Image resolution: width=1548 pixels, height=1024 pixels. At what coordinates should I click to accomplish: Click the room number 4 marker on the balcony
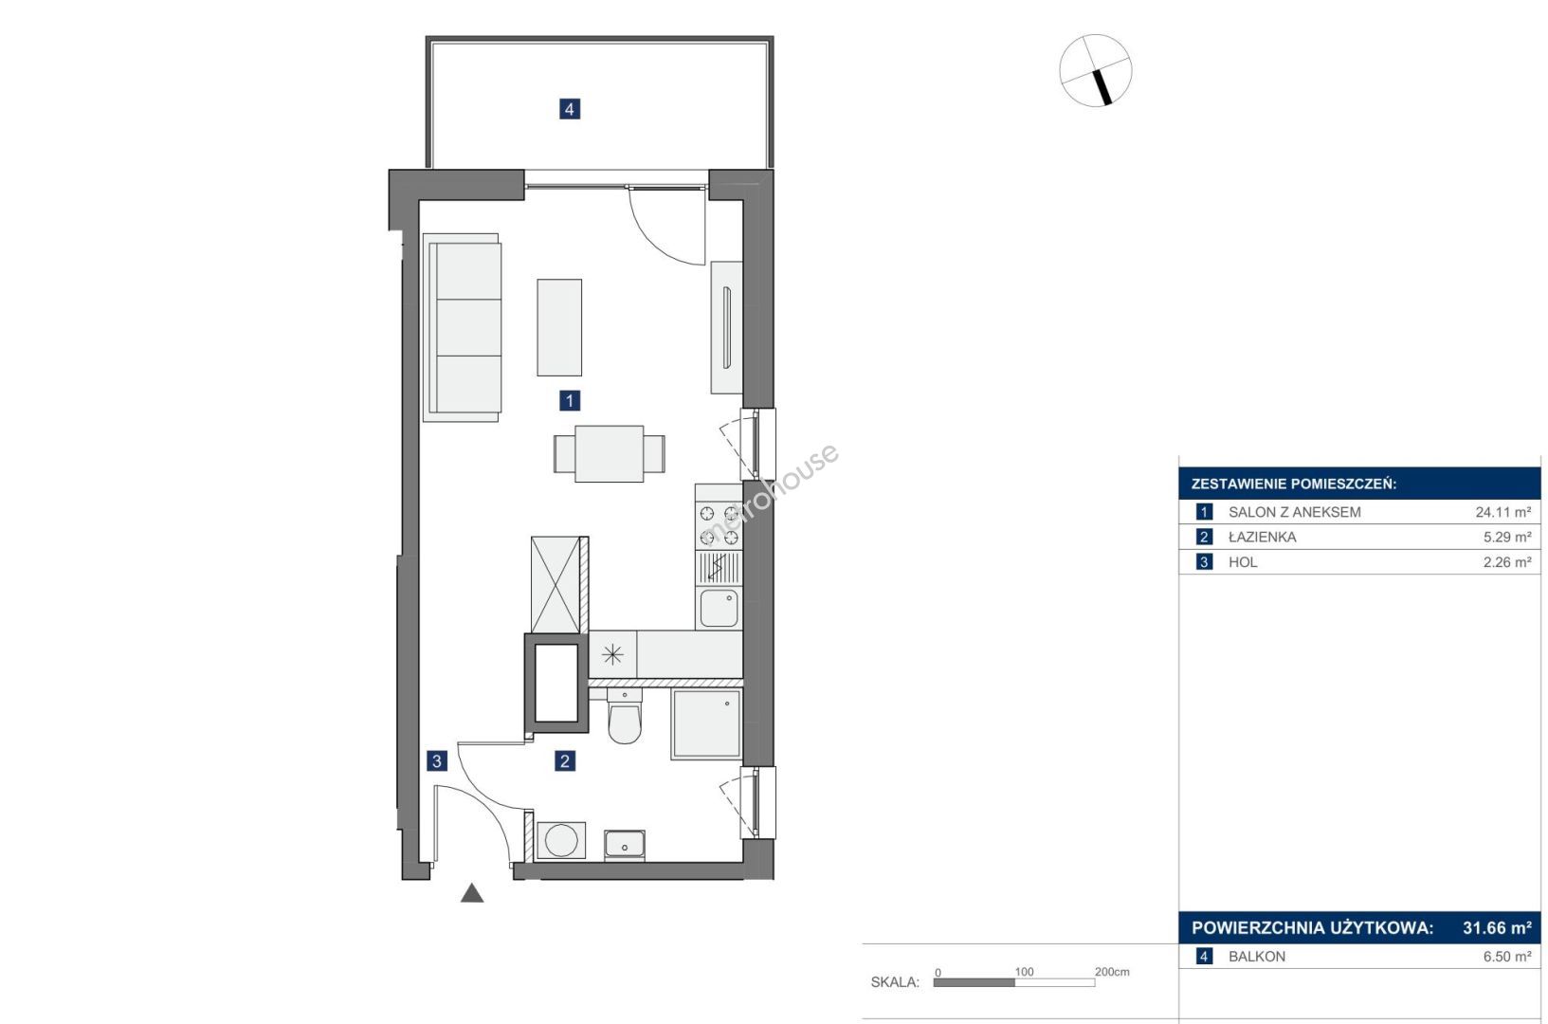click(570, 108)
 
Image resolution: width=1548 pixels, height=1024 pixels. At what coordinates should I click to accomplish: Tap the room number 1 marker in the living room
click(570, 400)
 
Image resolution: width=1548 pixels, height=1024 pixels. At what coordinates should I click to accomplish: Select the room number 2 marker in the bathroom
click(565, 761)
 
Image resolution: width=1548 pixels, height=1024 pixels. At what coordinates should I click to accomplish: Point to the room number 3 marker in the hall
click(437, 761)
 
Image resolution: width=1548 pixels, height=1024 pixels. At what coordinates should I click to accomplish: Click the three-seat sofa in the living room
click(462, 328)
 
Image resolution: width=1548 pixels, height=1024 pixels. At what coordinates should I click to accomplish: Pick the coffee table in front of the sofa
click(559, 328)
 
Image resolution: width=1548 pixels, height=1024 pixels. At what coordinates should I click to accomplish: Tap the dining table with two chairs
click(609, 453)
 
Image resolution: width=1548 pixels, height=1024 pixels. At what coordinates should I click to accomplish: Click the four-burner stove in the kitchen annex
click(719, 524)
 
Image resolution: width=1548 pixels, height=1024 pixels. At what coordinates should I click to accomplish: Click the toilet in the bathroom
click(625, 717)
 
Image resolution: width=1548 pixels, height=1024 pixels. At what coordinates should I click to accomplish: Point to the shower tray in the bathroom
click(705, 724)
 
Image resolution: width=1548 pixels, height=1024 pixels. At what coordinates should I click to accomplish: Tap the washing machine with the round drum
click(561, 841)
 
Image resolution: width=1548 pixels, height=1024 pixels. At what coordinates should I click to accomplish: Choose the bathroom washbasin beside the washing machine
click(625, 845)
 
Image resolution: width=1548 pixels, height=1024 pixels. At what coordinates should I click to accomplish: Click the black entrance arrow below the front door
click(472, 893)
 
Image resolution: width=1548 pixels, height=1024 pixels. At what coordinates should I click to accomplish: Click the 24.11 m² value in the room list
click(1503, 512)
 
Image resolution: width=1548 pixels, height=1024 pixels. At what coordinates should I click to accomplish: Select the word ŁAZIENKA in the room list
click(1262, 538)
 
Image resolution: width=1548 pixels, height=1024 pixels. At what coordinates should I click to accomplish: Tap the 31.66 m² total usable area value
click(1497, 928)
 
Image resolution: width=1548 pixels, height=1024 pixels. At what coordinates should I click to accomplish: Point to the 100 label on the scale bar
click(1024, 972)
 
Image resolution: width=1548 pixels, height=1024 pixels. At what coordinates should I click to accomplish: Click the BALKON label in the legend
click(1257, 957)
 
